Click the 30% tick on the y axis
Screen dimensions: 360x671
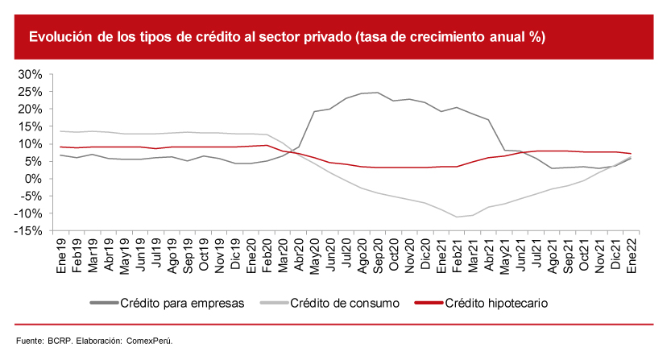click(29, 74)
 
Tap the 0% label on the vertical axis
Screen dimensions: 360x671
click(33, 179)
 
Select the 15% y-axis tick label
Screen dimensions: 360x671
click(29, 126)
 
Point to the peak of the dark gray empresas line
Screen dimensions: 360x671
click(378, 92)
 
